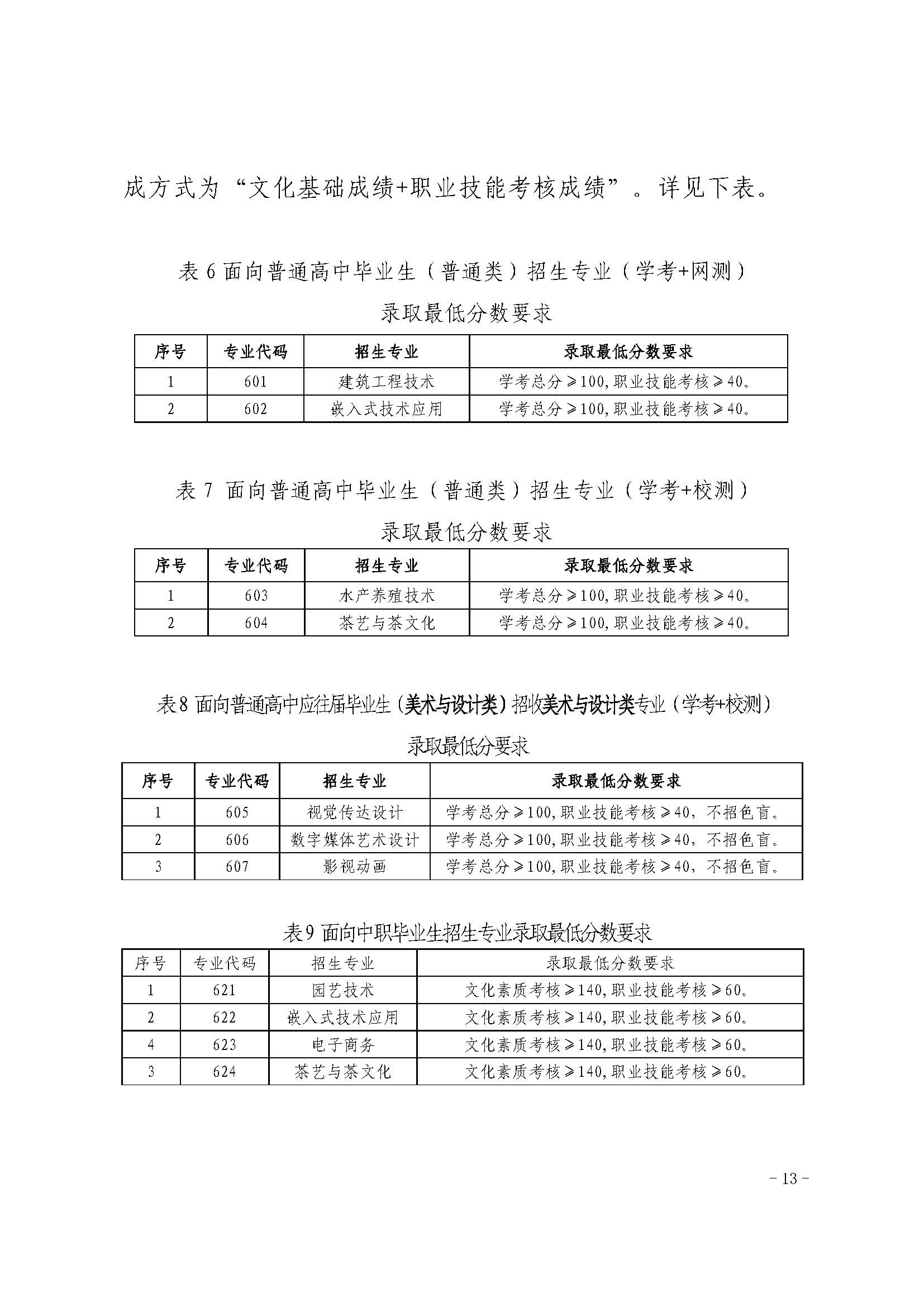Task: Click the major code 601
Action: tap(255, 382)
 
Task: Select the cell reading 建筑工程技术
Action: tap(387, 382)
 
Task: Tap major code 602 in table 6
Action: tap(255, 408)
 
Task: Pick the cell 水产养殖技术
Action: tap(387, 596)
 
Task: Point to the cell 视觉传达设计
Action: tap(355, 812)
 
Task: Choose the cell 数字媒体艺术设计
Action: tap(355, 840)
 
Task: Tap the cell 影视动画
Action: tap(355, 867)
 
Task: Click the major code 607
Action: tap(237, 867)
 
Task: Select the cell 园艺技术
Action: tap(342, 991)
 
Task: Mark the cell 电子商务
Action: tap(342, 1044)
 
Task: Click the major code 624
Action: tap(224, 1071)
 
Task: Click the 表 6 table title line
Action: tap(462, 272)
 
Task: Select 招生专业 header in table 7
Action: tap(387, 565)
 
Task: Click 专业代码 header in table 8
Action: tap(237, 781)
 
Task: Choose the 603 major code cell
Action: tap(256, 596)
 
